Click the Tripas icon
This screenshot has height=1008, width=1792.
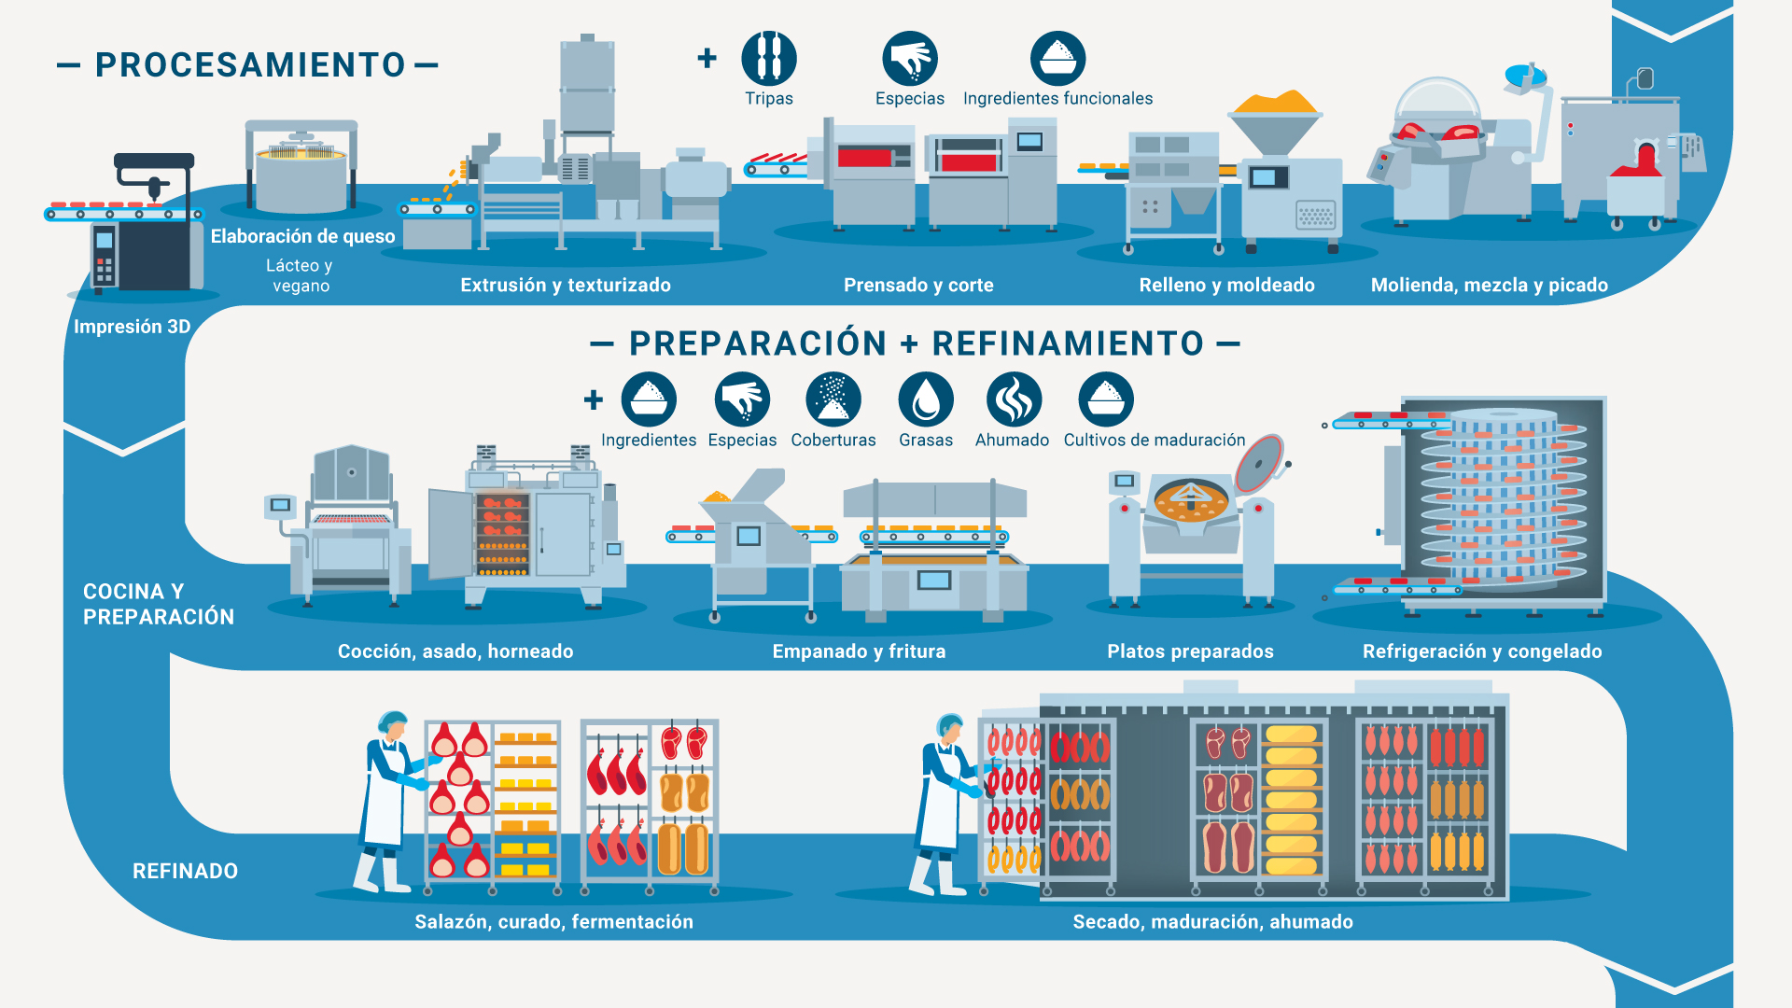click(768, 58)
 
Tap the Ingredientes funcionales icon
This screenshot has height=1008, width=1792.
click(1057, 58)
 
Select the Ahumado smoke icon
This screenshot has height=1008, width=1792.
click(1014, 399)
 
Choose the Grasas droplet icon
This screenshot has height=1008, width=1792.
click(926, 399)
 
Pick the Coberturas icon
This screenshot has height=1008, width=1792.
click(833, 399)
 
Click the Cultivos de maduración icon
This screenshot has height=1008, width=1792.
click(1106, 399)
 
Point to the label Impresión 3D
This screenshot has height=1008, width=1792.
click(133, 327)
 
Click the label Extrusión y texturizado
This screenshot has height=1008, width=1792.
click(566, 285)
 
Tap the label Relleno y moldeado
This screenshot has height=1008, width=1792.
click(1226, 285)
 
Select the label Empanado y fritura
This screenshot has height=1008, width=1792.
click(859, 651)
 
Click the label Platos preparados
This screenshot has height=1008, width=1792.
click(1190, 651)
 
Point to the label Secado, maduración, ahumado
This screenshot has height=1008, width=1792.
click(1212, 922)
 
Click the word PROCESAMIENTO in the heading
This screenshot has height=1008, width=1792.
click(250, 64)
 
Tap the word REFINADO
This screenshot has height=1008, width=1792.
click(185, 871)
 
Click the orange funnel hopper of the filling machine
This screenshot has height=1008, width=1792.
click(1275, 122)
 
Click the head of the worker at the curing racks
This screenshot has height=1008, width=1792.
click(393, 724)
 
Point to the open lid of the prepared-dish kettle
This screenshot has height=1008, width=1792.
click(1259, 463)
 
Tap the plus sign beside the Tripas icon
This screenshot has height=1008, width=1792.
click(707, 58)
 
